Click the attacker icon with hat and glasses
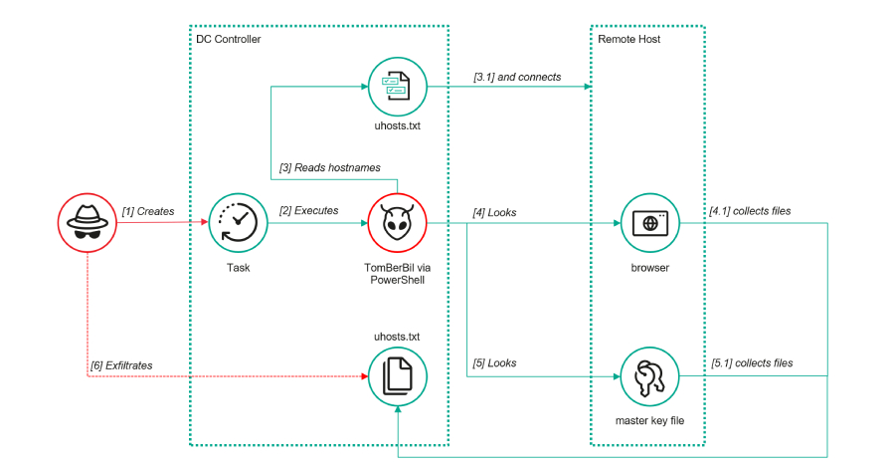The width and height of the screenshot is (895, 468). [x=88, y=222]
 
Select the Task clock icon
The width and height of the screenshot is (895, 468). [x=238, y=222]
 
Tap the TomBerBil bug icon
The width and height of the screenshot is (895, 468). [x=398, y=222]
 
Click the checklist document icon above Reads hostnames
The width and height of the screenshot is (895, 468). [x=398, y=86]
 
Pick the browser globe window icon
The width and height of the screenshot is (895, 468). [x=649, y=222]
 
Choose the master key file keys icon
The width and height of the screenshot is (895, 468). [x=649, y=375]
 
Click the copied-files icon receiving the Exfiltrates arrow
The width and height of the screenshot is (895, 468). [x=398, y=375]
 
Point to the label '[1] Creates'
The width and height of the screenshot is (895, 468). [x=147, y=211]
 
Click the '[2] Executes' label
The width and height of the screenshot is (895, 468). [x=308, y=211]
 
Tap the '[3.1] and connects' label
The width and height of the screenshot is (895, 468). [x=517, y=77]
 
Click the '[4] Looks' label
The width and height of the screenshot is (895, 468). [x=494, y=211]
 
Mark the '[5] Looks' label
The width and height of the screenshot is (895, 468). [x=494, y=363]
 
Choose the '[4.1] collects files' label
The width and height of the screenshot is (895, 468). [x=751, y=211]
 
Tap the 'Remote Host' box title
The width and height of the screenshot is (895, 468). [x=628, y=39]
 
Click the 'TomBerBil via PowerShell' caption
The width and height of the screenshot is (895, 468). [x=398, y=275]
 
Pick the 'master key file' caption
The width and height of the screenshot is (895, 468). [x=649, y=421]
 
